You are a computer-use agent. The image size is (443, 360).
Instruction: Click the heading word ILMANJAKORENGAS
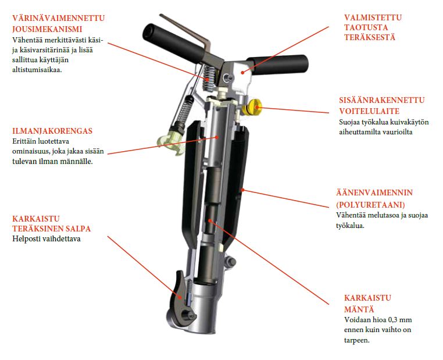coord(52,131)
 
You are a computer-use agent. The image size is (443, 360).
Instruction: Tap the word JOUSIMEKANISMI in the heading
coord(47,29)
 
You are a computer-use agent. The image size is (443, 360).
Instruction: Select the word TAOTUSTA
coord(366,27)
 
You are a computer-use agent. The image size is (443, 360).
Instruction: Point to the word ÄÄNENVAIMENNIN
coord(374,193)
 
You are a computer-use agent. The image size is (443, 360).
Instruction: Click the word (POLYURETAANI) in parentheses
coord(370,204)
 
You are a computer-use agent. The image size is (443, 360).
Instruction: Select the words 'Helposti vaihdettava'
coord(47,239)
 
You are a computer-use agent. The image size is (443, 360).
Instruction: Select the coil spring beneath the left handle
coord(209,79)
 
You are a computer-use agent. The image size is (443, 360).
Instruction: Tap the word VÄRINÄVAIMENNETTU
coord(59,18)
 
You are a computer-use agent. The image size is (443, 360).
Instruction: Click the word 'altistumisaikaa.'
coord(37,70)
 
